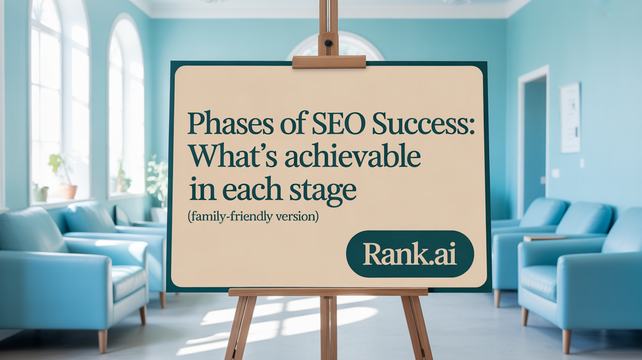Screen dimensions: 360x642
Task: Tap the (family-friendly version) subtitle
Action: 252,217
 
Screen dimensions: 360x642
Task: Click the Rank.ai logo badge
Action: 410,253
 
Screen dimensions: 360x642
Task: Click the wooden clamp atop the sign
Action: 329,62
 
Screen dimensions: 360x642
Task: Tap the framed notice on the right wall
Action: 570,117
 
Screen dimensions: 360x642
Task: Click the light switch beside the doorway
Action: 555,173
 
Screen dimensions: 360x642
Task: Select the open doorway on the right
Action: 534,142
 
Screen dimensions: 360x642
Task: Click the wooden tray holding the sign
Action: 328,292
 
